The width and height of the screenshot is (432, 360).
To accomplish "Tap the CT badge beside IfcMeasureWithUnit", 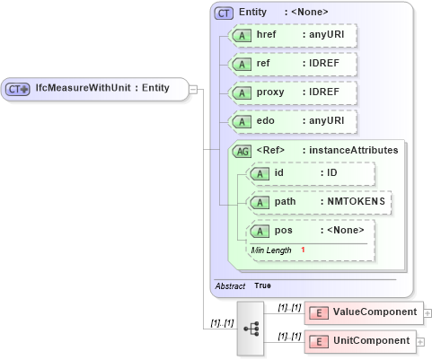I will point(18,89).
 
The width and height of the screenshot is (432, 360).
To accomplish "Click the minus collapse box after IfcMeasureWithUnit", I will point(193,89).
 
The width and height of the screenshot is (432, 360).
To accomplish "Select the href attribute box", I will point(293,35).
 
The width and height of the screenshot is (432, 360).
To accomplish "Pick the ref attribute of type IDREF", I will point(293,64).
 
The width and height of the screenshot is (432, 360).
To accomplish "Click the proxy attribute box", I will point(293,92).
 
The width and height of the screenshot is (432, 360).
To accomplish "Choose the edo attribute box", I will point(293,121).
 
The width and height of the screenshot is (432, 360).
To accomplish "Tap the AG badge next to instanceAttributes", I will point(242,151).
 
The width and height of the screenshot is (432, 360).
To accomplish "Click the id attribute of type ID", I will point(310,173).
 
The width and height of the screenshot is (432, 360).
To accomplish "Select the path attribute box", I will point(319,202).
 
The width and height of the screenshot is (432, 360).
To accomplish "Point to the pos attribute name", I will point(283,231).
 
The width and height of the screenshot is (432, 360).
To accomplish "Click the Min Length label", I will point(271,249).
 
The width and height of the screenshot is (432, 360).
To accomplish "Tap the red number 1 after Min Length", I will point(304,249).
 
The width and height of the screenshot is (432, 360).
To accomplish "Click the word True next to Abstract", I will point(262,285).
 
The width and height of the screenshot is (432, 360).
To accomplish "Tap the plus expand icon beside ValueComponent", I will point(427,313).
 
